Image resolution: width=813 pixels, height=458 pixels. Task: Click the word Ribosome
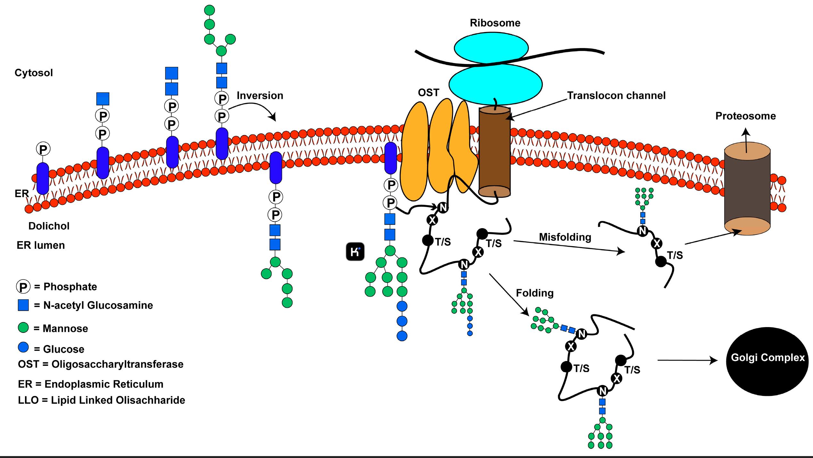(x=495, y=23)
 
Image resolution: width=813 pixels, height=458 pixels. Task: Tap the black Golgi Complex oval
(x=767, y=361)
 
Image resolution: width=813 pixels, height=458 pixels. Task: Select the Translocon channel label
(x=616, y=95)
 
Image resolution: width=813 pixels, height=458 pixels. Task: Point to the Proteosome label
(x=745, y=116)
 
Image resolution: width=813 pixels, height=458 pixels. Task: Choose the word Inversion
(x=260, y=95)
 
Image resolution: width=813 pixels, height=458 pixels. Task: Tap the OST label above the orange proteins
(x=428, y=92)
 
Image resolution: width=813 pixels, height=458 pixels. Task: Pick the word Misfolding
(x=565, y=237)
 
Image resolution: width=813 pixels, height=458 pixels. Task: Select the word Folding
(x=535, y=293)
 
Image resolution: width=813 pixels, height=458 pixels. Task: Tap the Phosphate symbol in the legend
(x=23, y=287)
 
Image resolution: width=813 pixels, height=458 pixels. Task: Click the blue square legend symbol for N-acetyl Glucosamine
(x=23, y=305)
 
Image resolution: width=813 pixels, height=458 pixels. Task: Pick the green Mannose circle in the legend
(x=23, y=328)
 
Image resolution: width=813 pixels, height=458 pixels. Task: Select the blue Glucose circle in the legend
(x=23, y=348)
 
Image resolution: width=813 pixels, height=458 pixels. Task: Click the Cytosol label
(x=34, y=73)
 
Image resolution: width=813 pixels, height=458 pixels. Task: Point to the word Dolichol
(x=49, y=226)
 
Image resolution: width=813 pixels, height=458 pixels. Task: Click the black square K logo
(x=355, y=252)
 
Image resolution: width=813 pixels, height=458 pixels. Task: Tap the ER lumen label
(x=41, y=245)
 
